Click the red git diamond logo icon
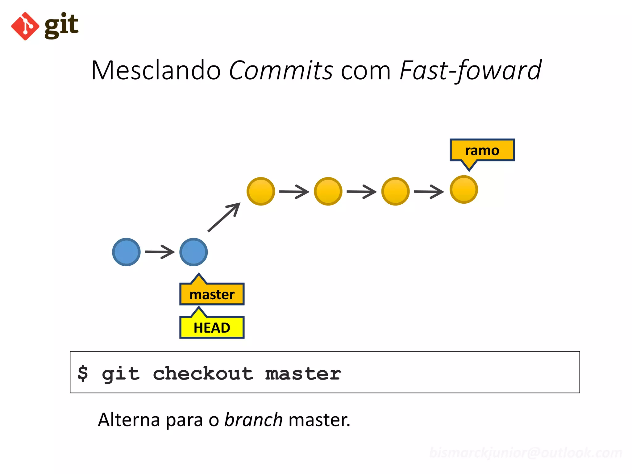[25, 26]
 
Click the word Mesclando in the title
[156, 70]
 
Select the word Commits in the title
[281, 70]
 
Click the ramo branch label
[482, 151]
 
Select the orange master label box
[212, 294]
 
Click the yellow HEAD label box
[212, 328]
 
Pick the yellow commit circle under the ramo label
[464, 189]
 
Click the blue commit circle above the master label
[193, 252]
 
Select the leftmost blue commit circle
[126, 252]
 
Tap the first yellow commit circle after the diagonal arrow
[261, 191]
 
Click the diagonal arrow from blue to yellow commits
[224, 217]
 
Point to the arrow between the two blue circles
[160, 252]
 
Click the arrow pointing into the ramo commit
[429, 192]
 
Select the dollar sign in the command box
[83, 373]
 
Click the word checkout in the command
[203, 374]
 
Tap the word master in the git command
[303, 374]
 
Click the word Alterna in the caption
[129, 420]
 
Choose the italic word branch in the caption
[253, 420]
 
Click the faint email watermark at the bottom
[526, 453]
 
